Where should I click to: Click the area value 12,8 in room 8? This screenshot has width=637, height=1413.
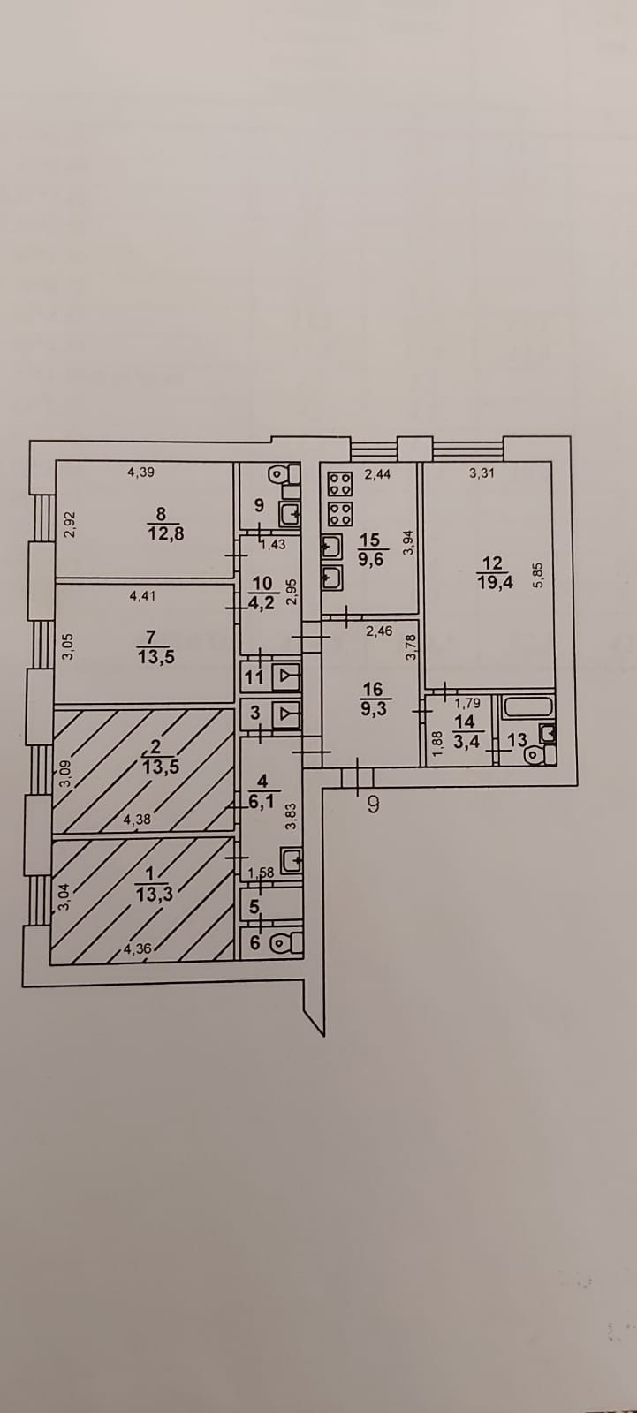coord(166,533)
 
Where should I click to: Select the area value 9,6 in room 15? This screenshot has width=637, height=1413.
coord(370,558)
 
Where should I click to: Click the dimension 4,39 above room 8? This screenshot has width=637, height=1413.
coord(140,472)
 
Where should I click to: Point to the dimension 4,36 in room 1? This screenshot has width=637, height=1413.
coord(137,949)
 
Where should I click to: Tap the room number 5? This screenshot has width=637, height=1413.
coord(254,906)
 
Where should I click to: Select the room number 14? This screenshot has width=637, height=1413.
coord(463,721)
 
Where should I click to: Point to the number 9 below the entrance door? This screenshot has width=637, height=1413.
coord(373,805)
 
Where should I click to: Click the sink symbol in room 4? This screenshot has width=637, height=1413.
coord(291,858)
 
